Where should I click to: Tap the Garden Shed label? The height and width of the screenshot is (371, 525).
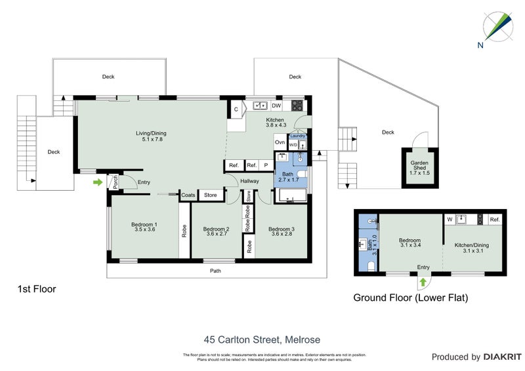pyautogui.click(x=419, y=166)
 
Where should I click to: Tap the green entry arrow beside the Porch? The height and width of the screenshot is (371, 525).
pyautogui.click(x=98, y=182)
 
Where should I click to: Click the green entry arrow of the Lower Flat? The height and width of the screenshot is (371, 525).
pyautogui.click(x=423, y=282)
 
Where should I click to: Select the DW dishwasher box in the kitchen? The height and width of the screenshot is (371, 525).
pyautogui.click(x=276, y=105)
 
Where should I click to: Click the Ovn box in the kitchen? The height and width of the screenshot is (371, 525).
pyautogui.click(x=280, y=142)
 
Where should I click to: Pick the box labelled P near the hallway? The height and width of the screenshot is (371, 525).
pyautogui.click(x=266, y=165)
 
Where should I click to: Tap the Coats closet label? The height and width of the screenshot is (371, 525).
pyautogui.click(x=188, y=195)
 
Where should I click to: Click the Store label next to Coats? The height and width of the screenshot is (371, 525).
pyautogui.click(x=210, y=195)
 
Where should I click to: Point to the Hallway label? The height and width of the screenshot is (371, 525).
pyautogui.click(x=249, y=182)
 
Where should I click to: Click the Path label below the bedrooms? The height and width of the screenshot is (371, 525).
pyautogui.click(x=215, y=270)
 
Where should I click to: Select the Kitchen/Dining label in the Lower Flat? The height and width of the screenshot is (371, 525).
pyautogui.click(x=471, y=248)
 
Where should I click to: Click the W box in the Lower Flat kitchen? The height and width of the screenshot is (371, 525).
pyautogui.click(x=450, y=220)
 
